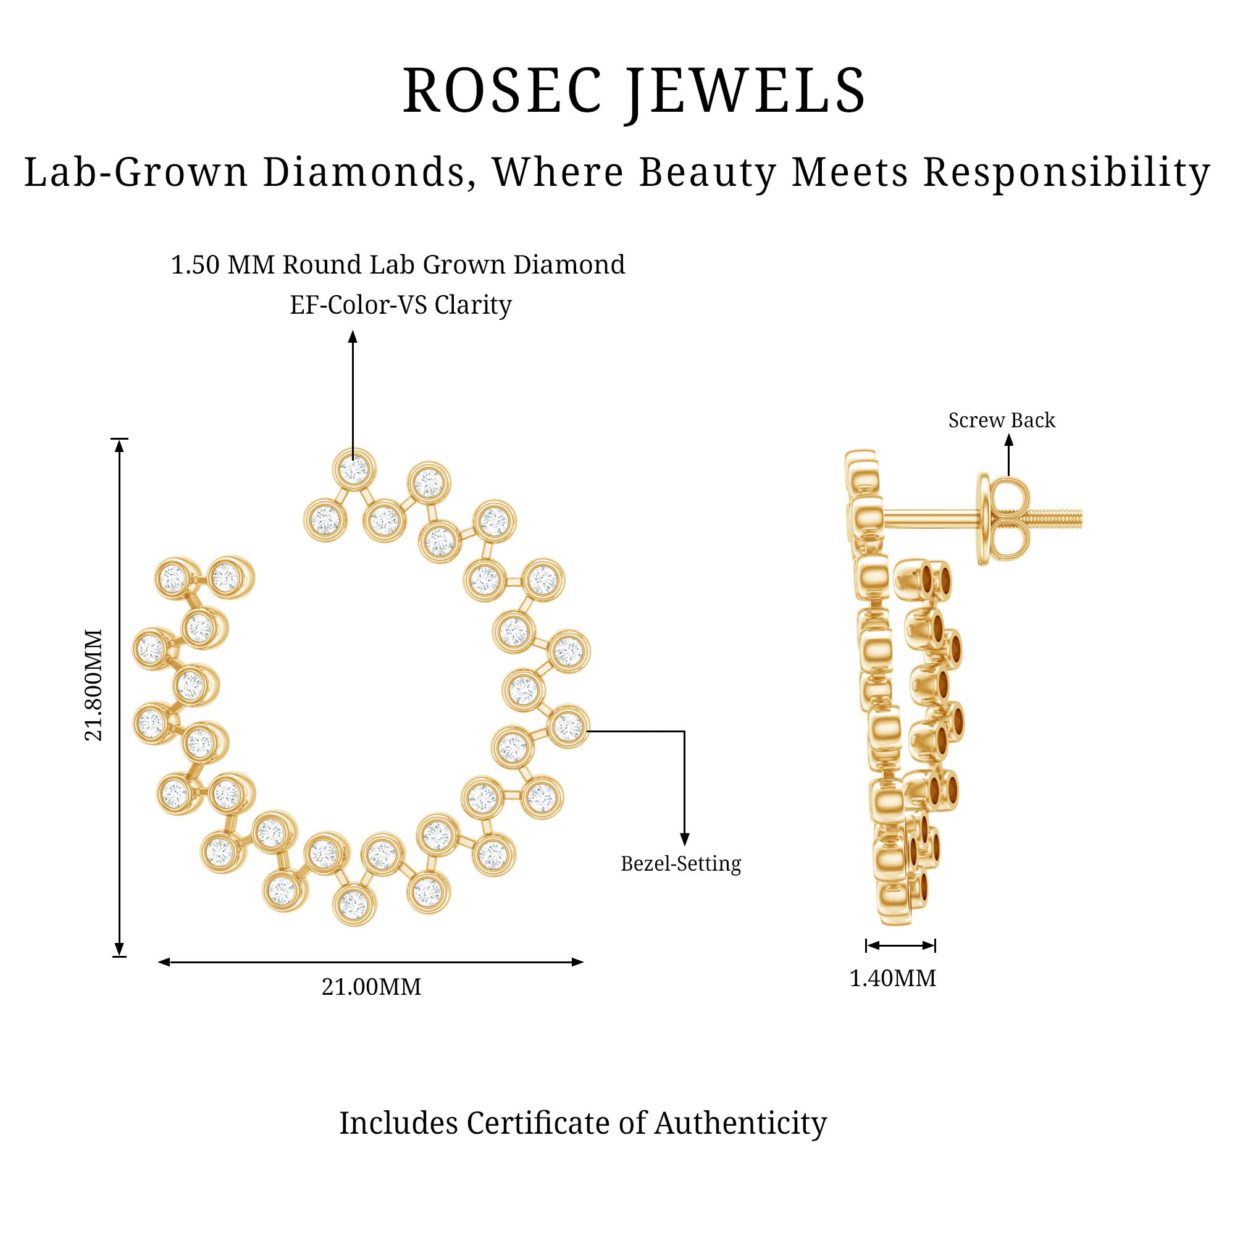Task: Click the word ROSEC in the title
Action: pyautogui.click(x=501, y=91)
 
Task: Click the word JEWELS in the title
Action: pyautogui.click(x=745, y=91)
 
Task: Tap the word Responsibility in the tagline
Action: pyautogui.click(x=1066, y=173)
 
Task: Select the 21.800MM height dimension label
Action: pyautogui.click(x=94, y=685)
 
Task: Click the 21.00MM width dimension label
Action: pyautogui.click(x=371, y=987)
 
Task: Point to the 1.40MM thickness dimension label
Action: pyautogui.click(x=892, y=978)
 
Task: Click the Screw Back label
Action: pyautogui.click(x=1002, y=420)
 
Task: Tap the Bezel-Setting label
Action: pyautogui.click(x=680, y=864)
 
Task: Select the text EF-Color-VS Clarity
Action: pyautogui.click(x=401, y=305)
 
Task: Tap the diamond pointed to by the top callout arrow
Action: pyautogui.click(x=353, y=471)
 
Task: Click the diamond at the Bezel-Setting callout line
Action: pyautogui.click(x=567, y=726)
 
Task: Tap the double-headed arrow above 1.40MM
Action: pyautogui.click(x=901, y=945)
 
